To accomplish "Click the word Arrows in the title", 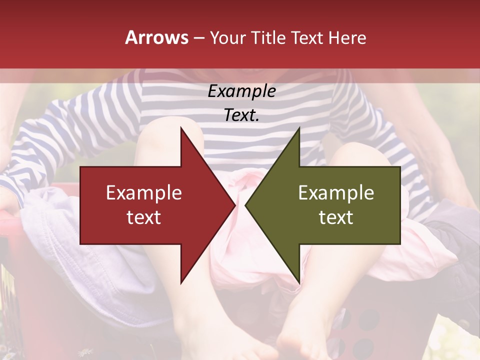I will point(157,37).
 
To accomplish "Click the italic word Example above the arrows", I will point(241,91).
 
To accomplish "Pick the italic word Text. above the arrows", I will point(241,115).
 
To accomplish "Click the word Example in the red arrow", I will point(144,193).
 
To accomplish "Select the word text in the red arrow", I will point(144,217).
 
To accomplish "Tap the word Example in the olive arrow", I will point(336,193).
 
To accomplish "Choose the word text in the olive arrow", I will point(336,217).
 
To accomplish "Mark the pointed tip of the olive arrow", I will point(247,205).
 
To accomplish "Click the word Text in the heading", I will point(307,37).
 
